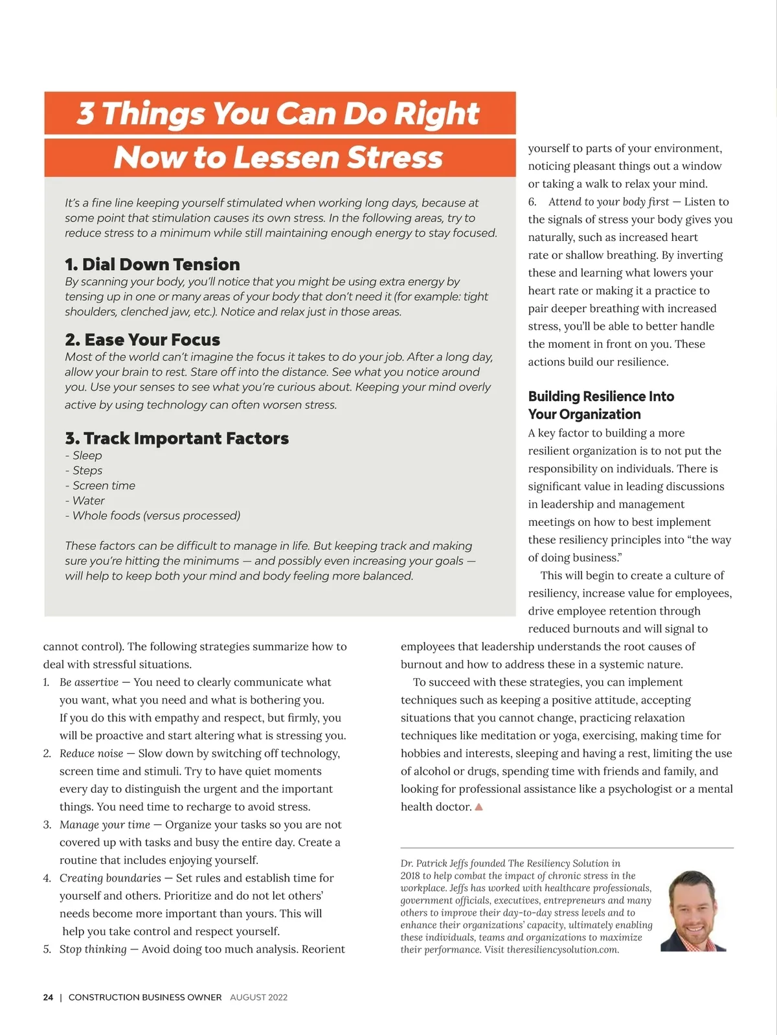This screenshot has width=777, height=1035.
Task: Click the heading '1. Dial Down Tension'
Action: click(152, 264)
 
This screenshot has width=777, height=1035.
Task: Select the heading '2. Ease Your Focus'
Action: click(142, 339)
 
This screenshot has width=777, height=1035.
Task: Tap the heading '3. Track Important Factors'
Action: click(177, 438)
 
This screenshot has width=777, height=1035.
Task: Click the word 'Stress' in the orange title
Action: click(394, 158)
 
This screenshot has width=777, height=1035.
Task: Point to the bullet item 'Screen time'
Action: click(104, 486)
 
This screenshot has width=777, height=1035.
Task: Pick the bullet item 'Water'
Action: click(88, 501)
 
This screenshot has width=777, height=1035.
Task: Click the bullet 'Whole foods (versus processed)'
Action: click(156, 516)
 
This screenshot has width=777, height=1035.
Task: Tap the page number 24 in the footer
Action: click(48, 997)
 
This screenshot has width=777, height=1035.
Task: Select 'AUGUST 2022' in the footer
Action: click(258, 997)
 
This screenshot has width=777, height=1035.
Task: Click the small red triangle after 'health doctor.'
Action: click(479, 807)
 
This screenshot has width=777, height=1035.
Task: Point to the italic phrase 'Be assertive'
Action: click(89, 682)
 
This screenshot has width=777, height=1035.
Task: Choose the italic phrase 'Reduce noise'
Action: click(91, 753)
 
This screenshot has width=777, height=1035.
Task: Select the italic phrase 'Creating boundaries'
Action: click(110, 878)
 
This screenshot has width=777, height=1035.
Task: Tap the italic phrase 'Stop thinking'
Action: click(93, 950)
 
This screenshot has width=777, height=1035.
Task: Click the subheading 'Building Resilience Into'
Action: click(601, 396)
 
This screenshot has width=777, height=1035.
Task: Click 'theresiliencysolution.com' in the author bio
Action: click(563, 950)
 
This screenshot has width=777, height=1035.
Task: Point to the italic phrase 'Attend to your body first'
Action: click(609, 202)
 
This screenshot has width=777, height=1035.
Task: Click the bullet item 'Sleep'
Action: click(87, 456)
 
